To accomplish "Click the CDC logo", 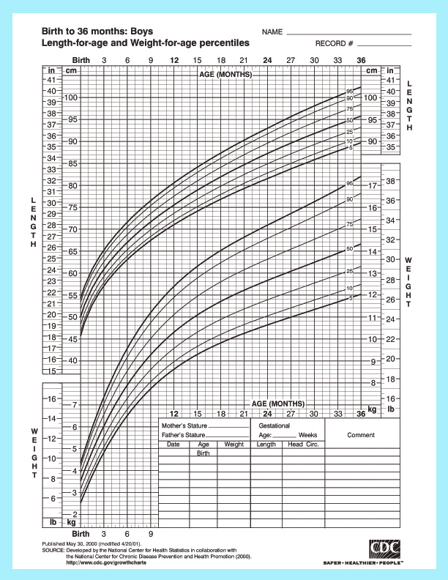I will [x=385, y=548].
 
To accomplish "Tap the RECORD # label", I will [x=335, y=44].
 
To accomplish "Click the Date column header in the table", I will [x=173, y=445].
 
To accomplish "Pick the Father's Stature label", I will [x=184, y=435].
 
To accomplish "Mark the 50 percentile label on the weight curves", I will [x=350, y=250].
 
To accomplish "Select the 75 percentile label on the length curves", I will [x=350, y=108].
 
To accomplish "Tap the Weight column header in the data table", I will [x=234, y=445].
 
